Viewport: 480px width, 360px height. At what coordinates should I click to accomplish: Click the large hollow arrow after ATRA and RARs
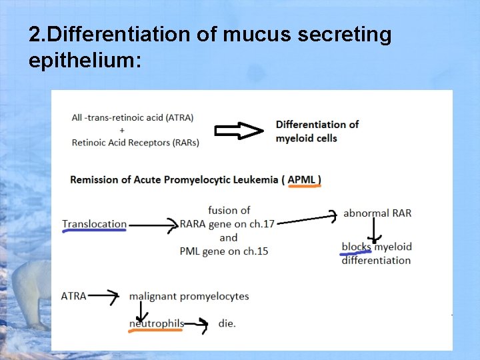tap(239, 131)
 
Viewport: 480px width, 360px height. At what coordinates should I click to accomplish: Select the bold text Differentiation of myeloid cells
tap(317, 131)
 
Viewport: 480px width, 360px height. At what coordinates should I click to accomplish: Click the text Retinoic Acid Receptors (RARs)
tap(135, 141)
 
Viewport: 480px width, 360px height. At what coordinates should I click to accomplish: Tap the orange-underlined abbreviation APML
tap(304, 179)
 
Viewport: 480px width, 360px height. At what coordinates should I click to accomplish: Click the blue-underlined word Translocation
tap(94, 224)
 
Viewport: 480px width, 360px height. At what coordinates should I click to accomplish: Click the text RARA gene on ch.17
tap(227, 224)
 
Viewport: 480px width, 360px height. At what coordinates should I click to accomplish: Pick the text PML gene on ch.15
tap(223, 251)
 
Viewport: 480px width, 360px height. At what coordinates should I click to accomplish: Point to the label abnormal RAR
tap(377, 213)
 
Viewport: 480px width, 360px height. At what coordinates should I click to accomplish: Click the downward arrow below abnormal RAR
tap(375, 230)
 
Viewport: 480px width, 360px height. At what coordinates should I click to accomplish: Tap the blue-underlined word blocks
tap(356, 247)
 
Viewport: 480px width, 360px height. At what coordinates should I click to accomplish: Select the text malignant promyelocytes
tap(189, 295)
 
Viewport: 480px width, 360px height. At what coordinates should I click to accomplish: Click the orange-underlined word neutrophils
tap(157, 323)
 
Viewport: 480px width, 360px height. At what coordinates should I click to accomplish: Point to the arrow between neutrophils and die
tap(197, 324)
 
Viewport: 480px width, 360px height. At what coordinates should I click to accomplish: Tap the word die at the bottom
tap(227, 323)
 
